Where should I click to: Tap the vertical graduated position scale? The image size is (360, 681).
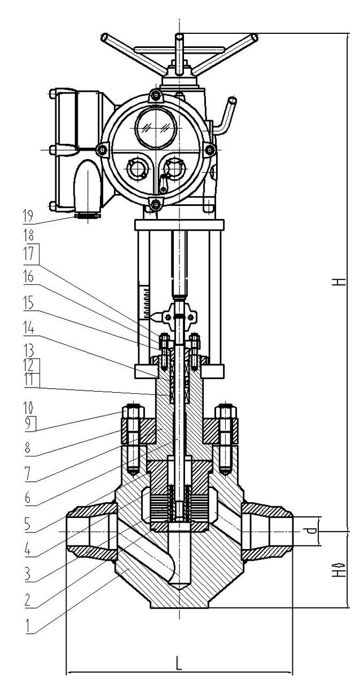pyautogui.click(x=147, y=302)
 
